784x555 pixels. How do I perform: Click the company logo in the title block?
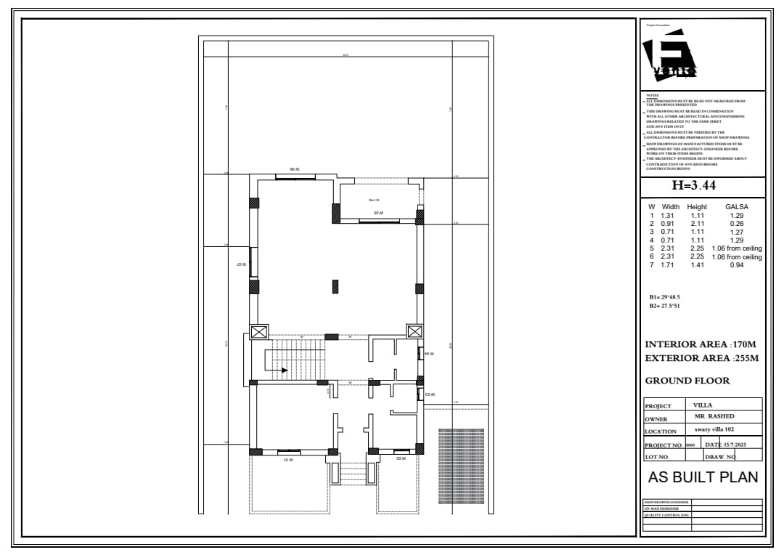click(x=669, y=54)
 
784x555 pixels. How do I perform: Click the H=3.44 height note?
click(x=694, y=186)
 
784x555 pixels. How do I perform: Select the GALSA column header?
click(x=736, y=207)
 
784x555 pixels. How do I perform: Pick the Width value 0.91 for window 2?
click(x=667, y=224)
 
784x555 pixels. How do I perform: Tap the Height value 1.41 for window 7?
click(x=697, y=265)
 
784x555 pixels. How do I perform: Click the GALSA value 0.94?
click(x=736, y=265)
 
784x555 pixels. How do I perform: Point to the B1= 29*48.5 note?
click(x=664, y=297)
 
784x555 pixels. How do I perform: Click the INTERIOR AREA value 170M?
click(x=745, y=344)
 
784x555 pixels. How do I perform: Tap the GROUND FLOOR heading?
click(x=687, y=381)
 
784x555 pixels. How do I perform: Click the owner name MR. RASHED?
click(x=714, y=416)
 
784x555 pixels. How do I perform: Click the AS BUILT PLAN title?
click(x=703, y=477)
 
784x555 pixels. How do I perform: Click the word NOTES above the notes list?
click(x=652, y=95)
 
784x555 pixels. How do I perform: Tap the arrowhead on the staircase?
click(x=285, y=370)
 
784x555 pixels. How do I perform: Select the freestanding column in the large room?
click(x=335, y=286)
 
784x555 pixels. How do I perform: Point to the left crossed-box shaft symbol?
click(x=259, y=332)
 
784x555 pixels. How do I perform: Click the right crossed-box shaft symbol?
click(x=415, y=332)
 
